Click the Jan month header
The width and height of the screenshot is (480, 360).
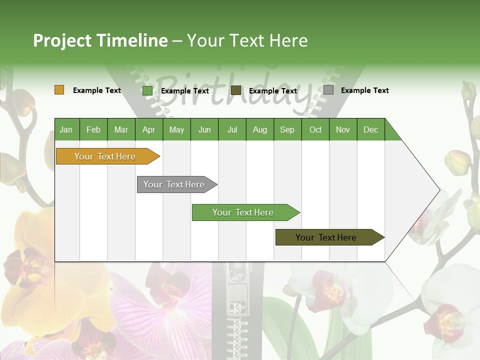[66, 129]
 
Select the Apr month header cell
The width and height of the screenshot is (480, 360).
[149, 129]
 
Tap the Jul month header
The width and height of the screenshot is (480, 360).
[232, 129]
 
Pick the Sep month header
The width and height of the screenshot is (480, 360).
[287, 129]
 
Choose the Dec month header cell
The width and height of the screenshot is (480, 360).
[370, 129]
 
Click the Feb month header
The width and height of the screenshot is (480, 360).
[93, 129]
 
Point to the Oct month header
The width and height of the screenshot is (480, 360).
[315, 129]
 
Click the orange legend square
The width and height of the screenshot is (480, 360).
[59, 90]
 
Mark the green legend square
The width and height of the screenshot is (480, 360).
[147, 90]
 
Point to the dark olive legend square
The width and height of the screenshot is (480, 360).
[236, 90]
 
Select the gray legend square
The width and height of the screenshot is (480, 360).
[328, 90]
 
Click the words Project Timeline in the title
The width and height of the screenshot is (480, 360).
[100, 40]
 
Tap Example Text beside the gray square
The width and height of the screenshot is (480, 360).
[364, 90]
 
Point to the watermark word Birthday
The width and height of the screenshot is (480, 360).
[235, 92]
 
